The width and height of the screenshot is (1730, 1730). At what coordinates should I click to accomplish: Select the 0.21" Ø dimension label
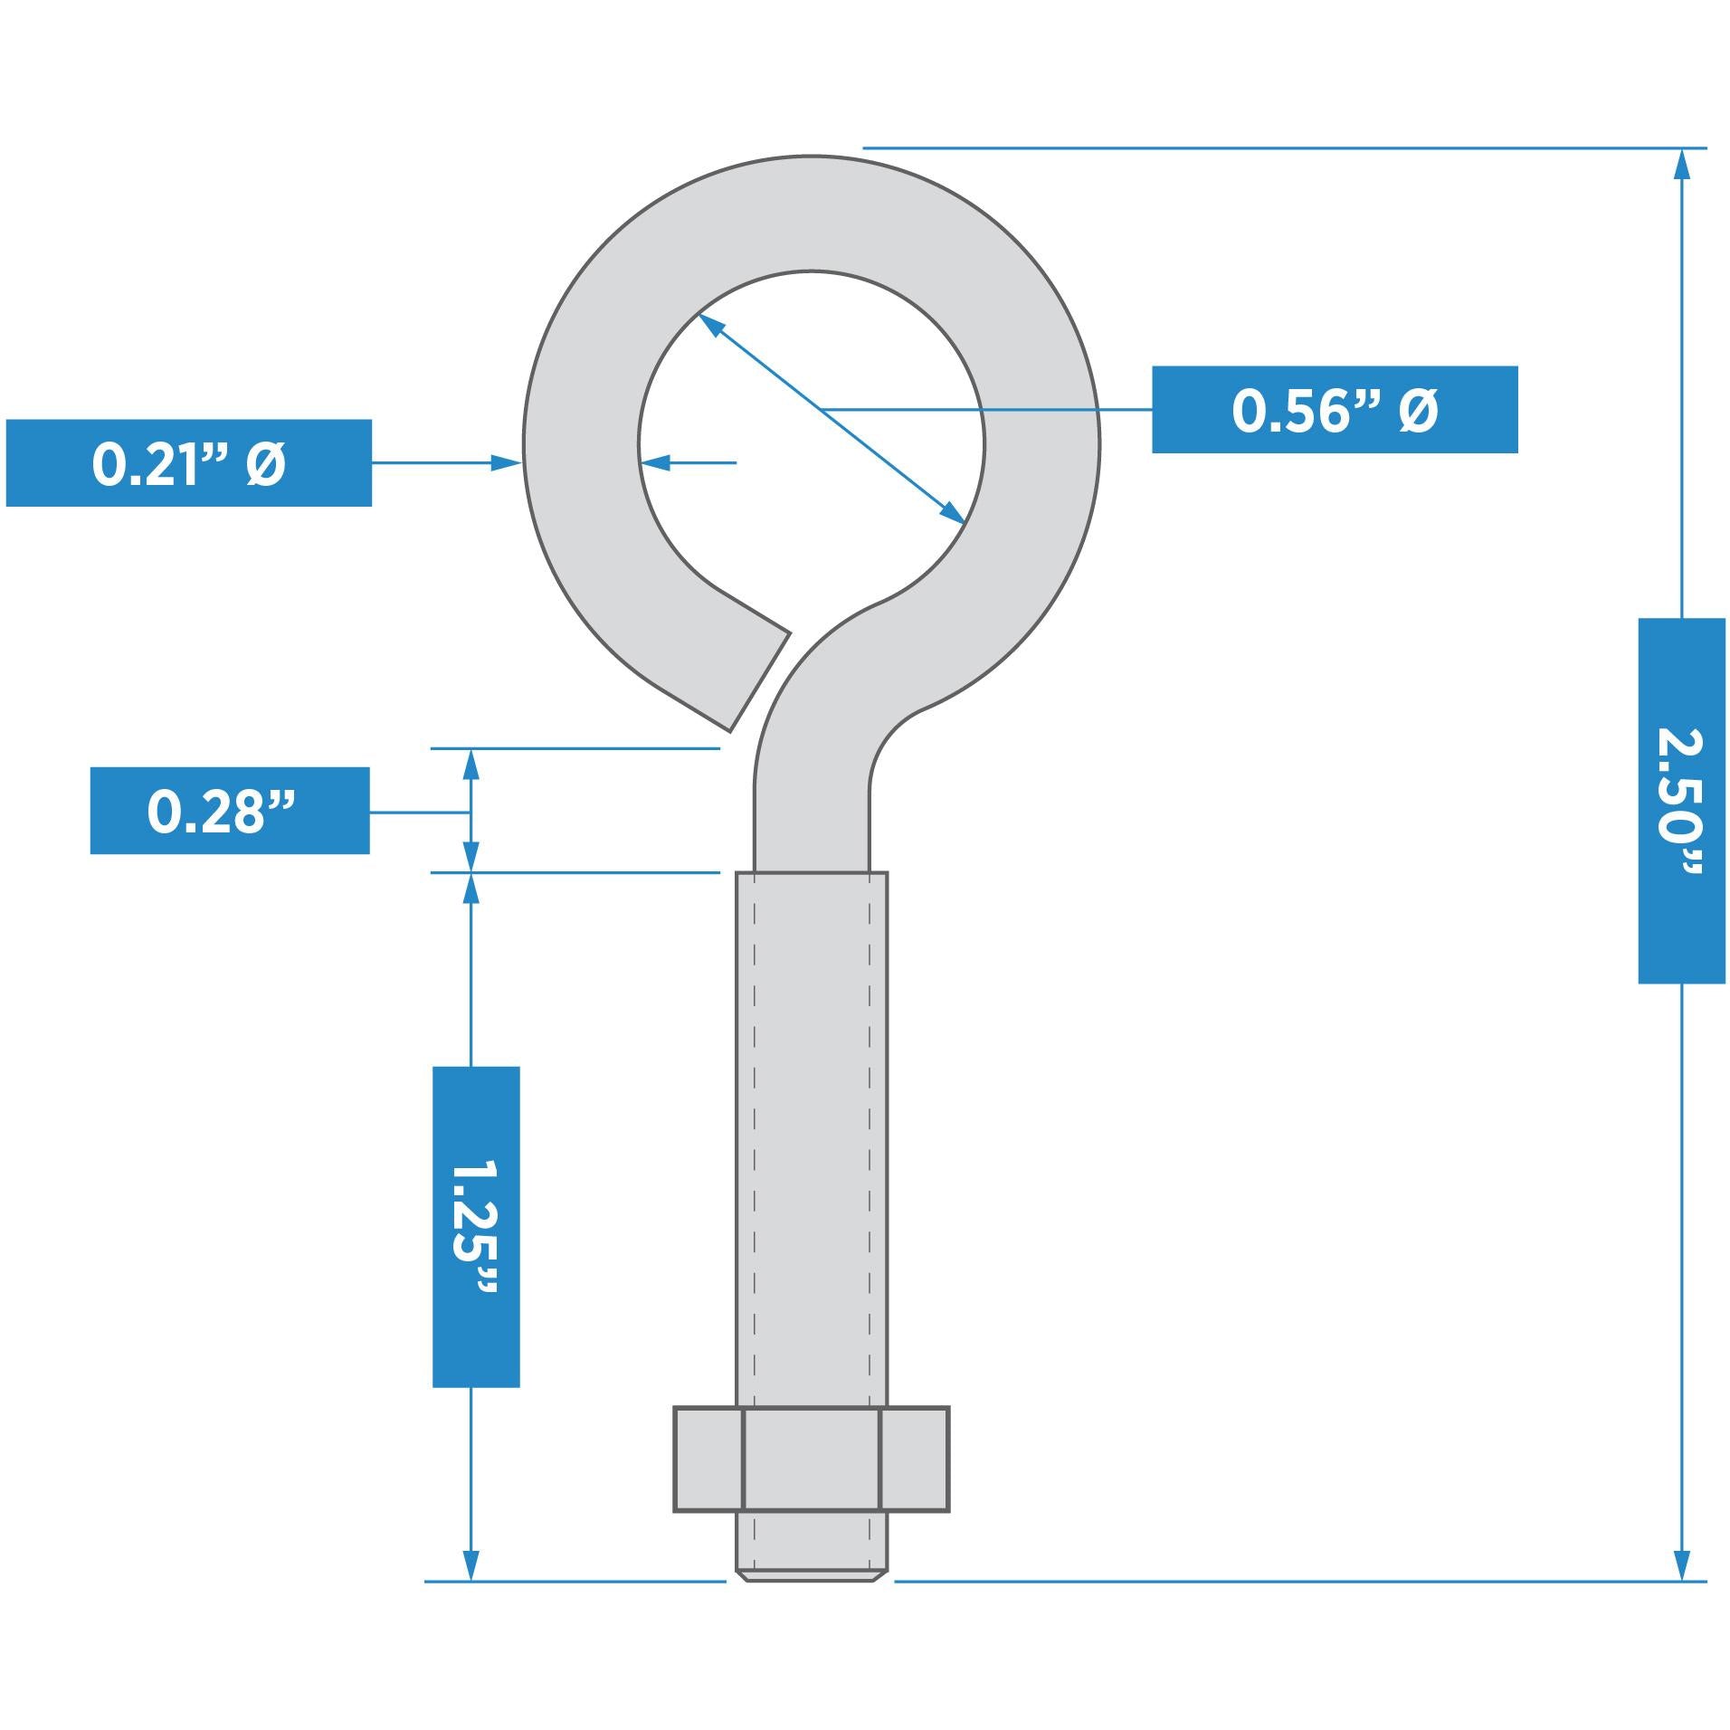[188, 462]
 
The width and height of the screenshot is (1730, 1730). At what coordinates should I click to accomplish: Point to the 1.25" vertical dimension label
[476, 1225]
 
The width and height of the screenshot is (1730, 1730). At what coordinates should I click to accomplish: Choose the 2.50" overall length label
[1680, 801]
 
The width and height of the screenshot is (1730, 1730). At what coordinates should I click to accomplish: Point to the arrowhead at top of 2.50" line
[1681, 165]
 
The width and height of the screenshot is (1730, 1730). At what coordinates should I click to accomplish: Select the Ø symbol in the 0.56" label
[1417, 411]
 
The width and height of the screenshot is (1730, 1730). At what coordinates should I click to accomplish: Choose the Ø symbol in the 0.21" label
[265, 463]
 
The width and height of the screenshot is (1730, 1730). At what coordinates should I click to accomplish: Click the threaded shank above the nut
[812, 1131]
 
